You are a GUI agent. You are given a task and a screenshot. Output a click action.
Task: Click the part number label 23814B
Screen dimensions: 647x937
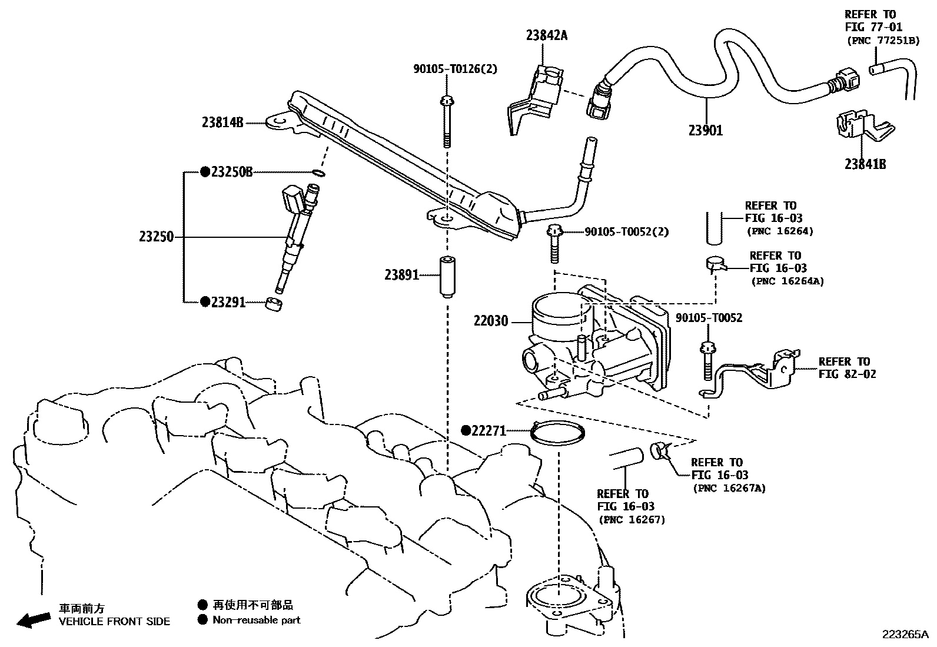pos(222,122)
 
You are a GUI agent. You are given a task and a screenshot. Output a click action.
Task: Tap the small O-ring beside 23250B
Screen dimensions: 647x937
pos(318,173)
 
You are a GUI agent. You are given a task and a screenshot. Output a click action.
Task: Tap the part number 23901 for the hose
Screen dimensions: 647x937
pos(706,131)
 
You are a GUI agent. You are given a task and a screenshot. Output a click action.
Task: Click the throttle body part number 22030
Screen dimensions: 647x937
pos(491,322)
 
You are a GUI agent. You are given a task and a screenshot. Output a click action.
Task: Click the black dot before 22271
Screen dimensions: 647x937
pos(466,430)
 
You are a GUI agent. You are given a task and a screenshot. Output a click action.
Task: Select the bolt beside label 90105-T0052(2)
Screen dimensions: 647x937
pos(554,241)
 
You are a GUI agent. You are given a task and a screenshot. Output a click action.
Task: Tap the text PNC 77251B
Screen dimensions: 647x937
pos(882,41)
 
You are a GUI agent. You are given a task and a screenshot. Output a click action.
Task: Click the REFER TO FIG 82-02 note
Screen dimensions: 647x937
pos(847,368)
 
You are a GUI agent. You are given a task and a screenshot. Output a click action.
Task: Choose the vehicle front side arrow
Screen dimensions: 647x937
pos(33,619)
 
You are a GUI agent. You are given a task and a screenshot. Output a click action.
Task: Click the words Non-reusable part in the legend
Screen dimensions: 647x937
pos(257,620)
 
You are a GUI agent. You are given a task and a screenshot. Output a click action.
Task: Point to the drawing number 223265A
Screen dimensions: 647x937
pos(905,635)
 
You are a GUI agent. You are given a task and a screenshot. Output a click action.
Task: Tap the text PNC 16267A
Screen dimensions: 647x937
pos(730,488)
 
